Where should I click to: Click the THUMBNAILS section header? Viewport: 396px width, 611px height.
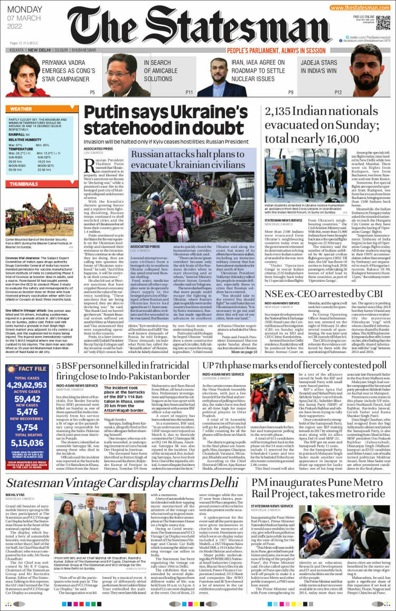pyautogui.click(x=24, y=184)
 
